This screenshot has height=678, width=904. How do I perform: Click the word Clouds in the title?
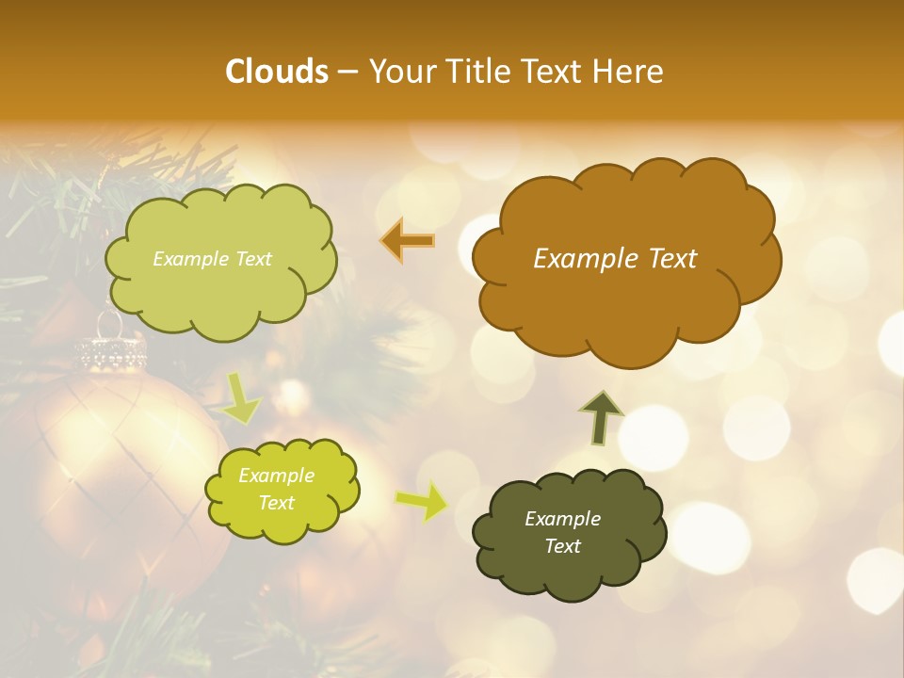[277, 72]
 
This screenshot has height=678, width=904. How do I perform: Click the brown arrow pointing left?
[408, 241]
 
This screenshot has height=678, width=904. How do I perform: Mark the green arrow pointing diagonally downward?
[242, 397]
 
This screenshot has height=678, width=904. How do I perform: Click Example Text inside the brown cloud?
[615, 259]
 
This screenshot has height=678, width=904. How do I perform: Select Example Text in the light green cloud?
[212, 259]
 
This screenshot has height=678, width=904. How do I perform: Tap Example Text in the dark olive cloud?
[562, 532]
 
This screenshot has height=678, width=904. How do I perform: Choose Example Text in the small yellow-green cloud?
[276, 489]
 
